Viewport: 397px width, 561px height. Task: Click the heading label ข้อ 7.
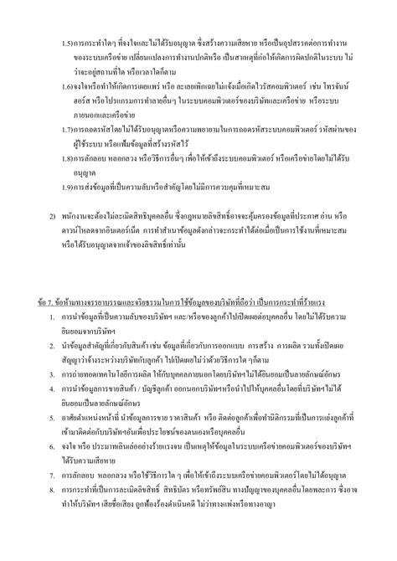click(x=49, y=301)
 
